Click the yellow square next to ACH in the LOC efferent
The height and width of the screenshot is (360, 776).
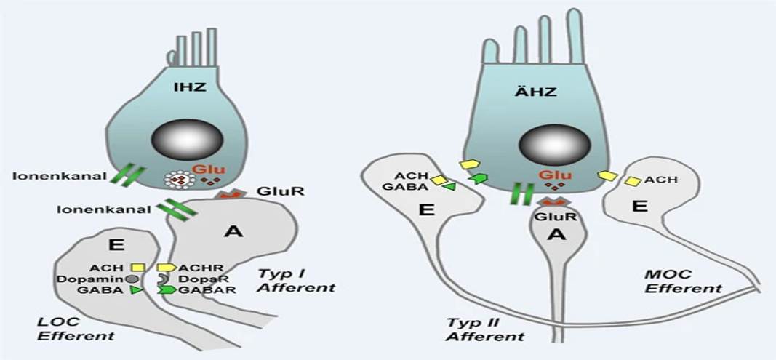pyautogui.click(x=139, y=268)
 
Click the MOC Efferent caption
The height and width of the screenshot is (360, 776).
pyautogui.click(x=684, y=281)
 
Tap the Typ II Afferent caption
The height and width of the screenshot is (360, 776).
pyautogui.click(x=485, y=330)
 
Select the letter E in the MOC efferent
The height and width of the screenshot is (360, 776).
pyautogui.click(x=640, y=206)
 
